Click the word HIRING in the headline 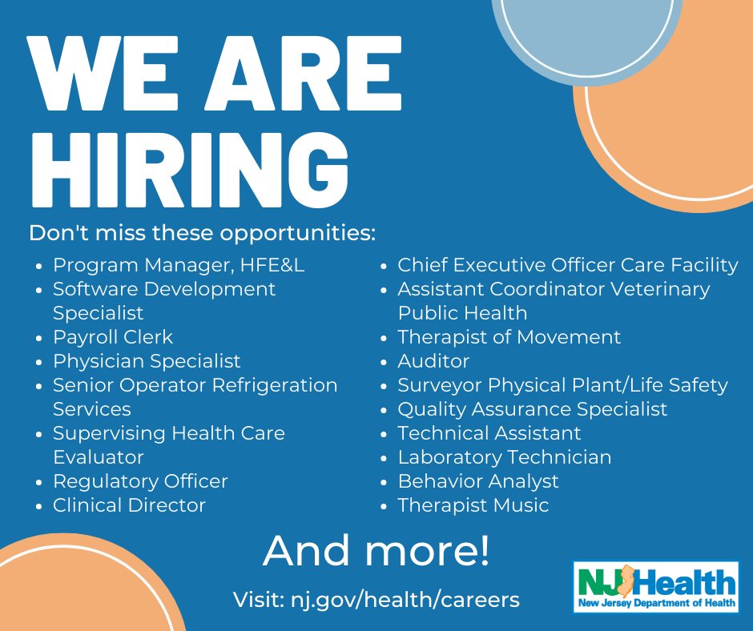(x=190, y=170)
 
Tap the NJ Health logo (x=656, y=587)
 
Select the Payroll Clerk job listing (x=113, y=337)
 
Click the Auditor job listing (x=433, y=361)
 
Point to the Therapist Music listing (x=473, y=505)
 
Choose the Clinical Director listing (x=129, y=505)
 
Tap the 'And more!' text (x=376, y=550)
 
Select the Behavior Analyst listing (x=478, y=481)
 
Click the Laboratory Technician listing (x=505, y=457)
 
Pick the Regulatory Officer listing (x=140, y=481)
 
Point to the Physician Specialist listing (x=147, y=361)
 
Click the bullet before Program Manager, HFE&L (x=39, y=266)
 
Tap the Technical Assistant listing (x=489, y=433)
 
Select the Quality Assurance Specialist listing (x=533, y=409)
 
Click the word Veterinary (x=660, y=289)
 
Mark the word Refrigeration (x=275, y=385)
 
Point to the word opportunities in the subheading (x=295, y=233)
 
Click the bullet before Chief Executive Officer (x=384, y=266)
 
